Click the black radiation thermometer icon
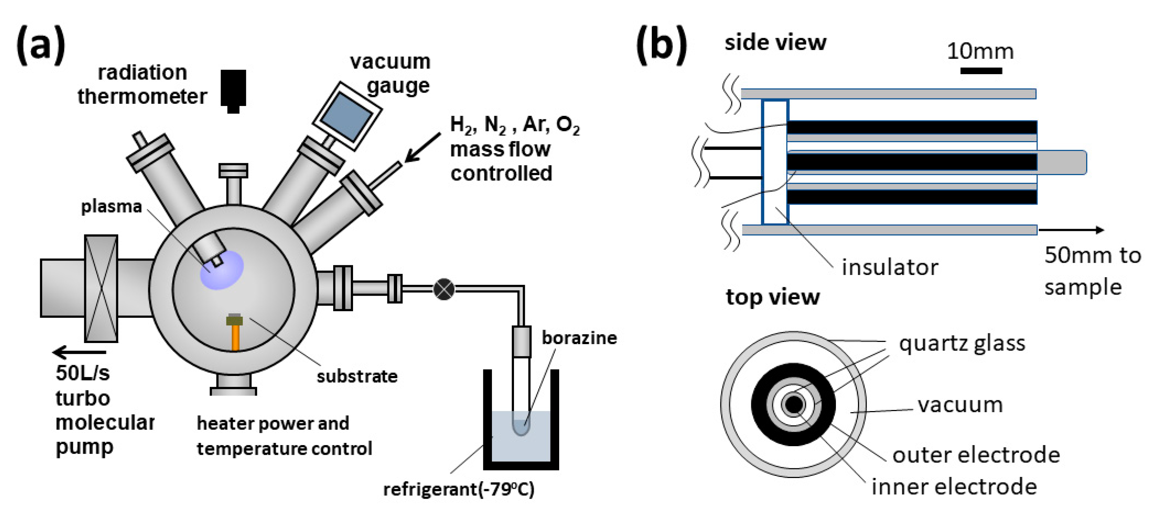coord(233,89)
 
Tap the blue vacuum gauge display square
coord(347,116)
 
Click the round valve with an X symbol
coord(444,289)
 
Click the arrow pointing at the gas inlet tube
coord(422,147)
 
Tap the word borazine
coord(579,338)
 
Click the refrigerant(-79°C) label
coord(458,489)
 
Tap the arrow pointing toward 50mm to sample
coord(1071,230)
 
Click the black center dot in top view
coord(793,405)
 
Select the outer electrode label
coord(976,455)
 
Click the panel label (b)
coord(662,45)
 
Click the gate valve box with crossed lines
coord(101,289)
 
